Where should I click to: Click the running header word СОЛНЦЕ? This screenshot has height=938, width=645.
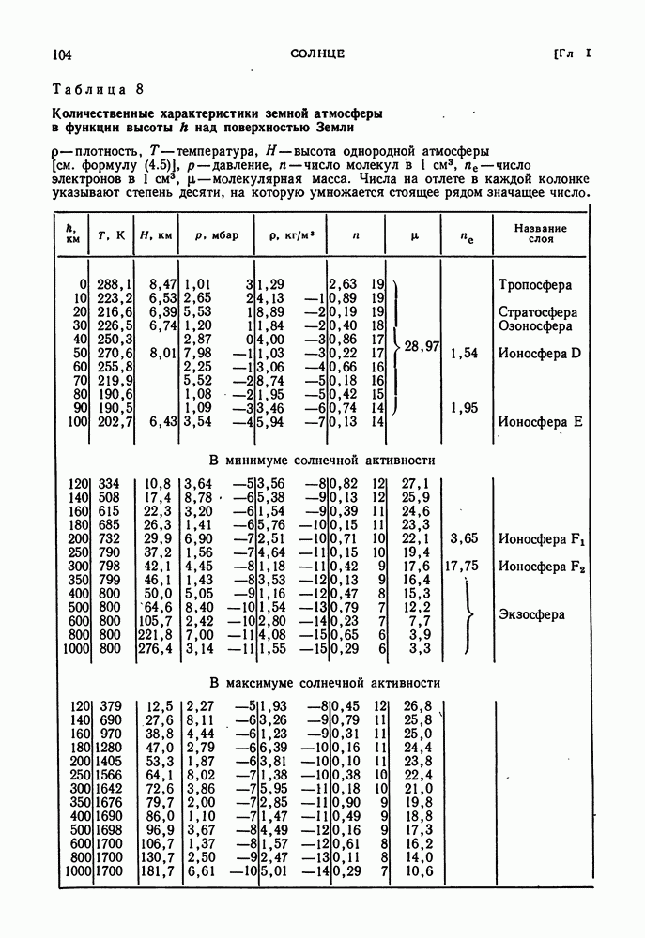click(317, 54)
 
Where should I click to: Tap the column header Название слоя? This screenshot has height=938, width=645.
click(541, 233)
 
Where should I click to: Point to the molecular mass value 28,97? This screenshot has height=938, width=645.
click(422, 347)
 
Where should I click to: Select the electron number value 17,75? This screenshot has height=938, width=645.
click(462, 567)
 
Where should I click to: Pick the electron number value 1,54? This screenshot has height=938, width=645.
click(465, 354)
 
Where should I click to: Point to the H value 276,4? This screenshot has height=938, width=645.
click(158, 649)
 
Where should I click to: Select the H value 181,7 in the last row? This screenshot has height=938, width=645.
click(158, 871)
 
